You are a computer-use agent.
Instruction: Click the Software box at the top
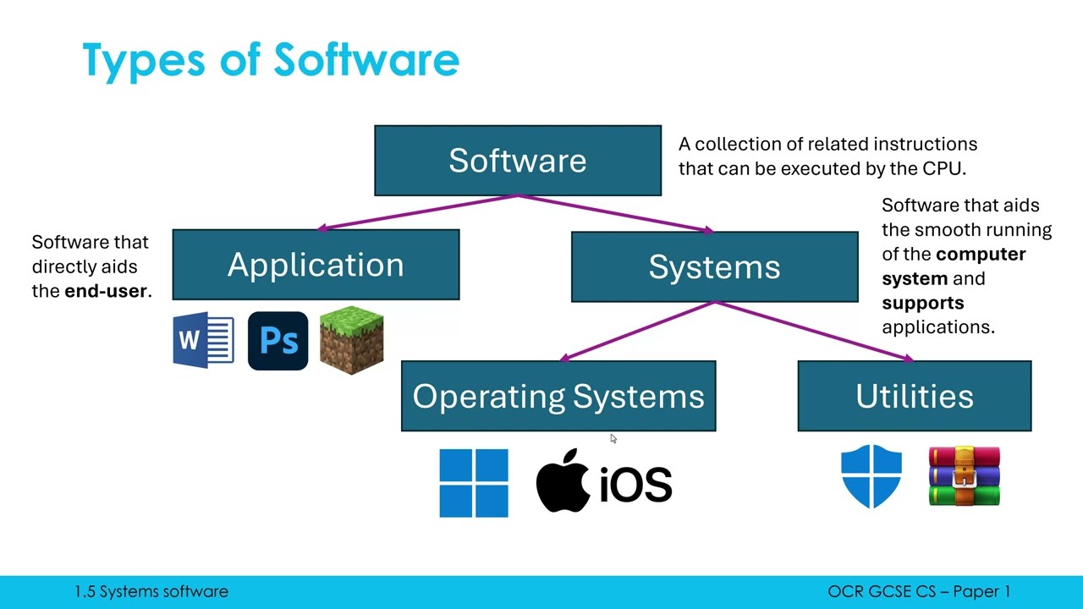[x=517, y=161]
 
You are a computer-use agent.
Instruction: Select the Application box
[x=316, y=265]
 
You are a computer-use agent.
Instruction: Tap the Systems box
[x=714, y=266]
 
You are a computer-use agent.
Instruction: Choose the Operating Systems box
[x=558, y=396]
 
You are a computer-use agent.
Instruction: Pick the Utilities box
[x=914, y=396]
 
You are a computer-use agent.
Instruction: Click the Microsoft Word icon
[x=203, y=341]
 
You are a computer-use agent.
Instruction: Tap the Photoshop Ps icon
[x=278, y=341]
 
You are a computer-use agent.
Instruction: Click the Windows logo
[x=474, y=483]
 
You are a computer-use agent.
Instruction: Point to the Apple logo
[x=563, y=480]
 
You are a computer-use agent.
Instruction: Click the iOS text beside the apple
[x=635, y=485]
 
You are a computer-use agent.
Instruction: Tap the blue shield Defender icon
[x=871, y=476]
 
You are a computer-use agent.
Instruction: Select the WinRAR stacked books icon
[x=965, y=476]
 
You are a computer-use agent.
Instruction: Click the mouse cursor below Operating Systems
[x=613, y=438]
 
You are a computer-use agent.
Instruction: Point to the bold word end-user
[x=106, y=291]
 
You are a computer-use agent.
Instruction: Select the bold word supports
[x=922, y=303]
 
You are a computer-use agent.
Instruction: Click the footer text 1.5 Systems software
[x=151, y=592]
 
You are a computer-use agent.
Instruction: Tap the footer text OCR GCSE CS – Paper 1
[x=919, y=592]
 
